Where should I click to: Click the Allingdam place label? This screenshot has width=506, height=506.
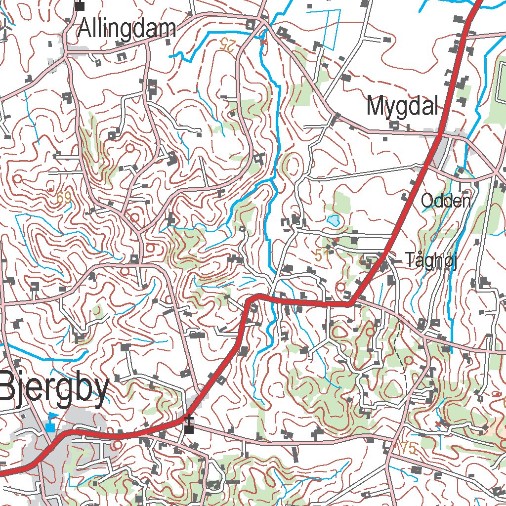click(x=127, y=29)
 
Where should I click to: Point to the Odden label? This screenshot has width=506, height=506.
click(x=445, y=201)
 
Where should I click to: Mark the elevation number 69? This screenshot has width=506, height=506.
click(x=64, y=198)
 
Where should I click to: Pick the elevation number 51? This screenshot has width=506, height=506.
click(x=322, y=255)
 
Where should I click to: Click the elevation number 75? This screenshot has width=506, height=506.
click(x=410, y=449)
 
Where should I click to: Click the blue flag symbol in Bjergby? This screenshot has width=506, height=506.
click(x=51, y=422)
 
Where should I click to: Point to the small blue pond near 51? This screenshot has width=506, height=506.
click(x=334, y=220)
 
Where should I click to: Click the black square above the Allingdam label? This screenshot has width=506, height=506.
click(x=80, y=6)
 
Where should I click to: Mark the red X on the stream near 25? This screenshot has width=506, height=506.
click(x=263, y=42)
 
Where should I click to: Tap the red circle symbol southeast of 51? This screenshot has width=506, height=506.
click(x=340, y=287)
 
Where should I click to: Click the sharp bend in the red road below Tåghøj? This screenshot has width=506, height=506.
click(x=350, y=303)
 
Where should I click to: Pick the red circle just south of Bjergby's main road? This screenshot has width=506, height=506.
click(x=117, y=445)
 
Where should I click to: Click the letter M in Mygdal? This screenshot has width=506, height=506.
click(x=376, y=106)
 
